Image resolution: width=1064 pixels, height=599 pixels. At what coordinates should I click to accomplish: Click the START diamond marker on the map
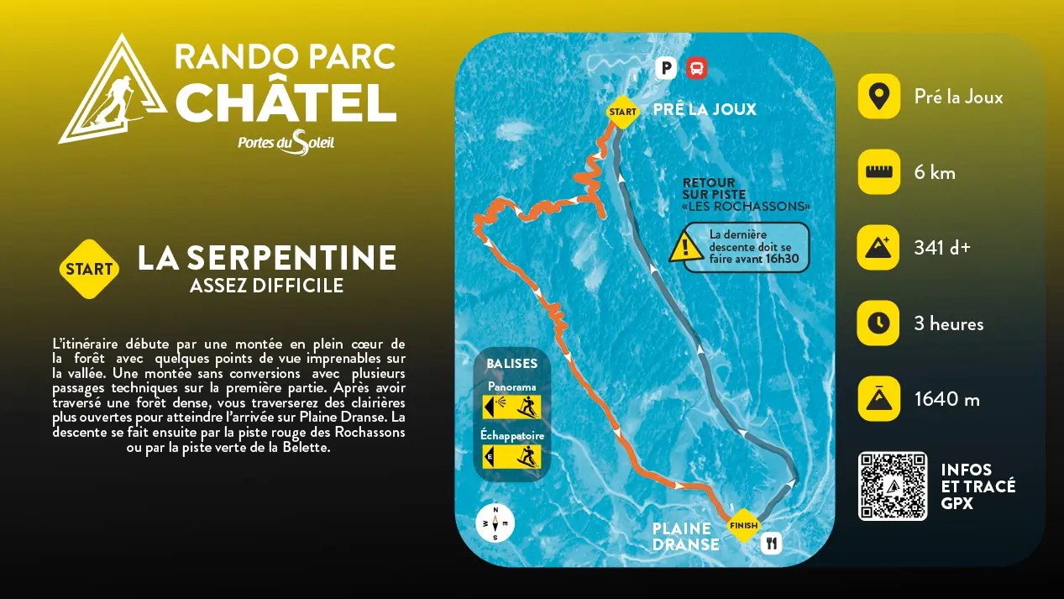click(622, 112)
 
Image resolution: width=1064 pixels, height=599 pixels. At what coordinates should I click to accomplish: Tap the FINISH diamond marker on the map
click(743, 526)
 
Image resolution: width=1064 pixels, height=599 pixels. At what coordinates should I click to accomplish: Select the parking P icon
click(666, 68)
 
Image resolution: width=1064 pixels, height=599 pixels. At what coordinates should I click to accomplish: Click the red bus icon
click(696, 68)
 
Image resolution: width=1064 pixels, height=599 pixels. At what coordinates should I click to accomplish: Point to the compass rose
click(495, 523)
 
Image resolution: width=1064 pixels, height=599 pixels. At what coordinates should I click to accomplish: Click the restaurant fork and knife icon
click(772, 544)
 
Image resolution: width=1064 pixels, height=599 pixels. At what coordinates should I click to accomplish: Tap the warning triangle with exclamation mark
click(686, 247)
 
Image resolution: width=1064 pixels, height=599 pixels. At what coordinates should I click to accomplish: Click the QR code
click(893, 486)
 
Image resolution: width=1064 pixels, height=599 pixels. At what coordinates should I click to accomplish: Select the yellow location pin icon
click(878, 97)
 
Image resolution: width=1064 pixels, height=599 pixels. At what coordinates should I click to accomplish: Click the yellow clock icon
click(878, 323)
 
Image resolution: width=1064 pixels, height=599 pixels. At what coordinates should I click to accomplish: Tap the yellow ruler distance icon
click(878, 172)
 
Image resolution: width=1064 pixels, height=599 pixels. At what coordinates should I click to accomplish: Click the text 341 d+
click(942, 248)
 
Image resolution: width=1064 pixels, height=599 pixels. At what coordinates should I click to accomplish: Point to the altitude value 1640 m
click(946, 399)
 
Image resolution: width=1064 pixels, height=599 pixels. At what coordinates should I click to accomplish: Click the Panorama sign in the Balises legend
click(511, 407)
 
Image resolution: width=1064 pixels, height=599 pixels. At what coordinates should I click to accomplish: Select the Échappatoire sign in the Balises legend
click(511, 456)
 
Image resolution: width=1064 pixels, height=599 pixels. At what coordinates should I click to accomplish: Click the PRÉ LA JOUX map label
click(705, 109)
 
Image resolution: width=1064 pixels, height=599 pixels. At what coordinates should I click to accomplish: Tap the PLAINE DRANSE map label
click(685, 536)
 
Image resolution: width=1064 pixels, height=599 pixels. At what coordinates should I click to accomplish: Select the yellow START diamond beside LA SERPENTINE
click(89, 270)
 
